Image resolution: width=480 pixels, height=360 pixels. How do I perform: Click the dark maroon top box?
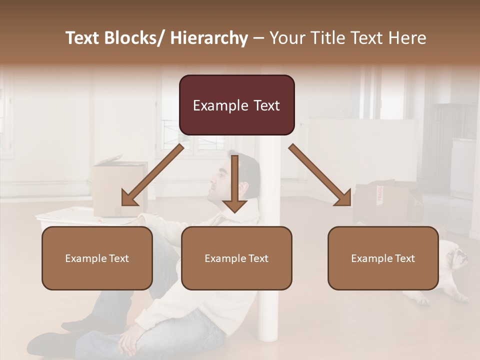(236, 105)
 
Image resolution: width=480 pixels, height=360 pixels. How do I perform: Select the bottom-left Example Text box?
(97, 258)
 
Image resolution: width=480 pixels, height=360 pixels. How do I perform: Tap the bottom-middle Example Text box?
(236, 258)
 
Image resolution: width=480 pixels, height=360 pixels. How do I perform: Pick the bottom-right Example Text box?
(383, 258)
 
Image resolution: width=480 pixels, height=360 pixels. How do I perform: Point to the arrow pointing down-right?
(320, 175)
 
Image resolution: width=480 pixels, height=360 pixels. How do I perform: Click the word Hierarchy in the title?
(209, 38)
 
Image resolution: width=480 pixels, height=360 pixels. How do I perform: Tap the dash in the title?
(258, 38)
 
